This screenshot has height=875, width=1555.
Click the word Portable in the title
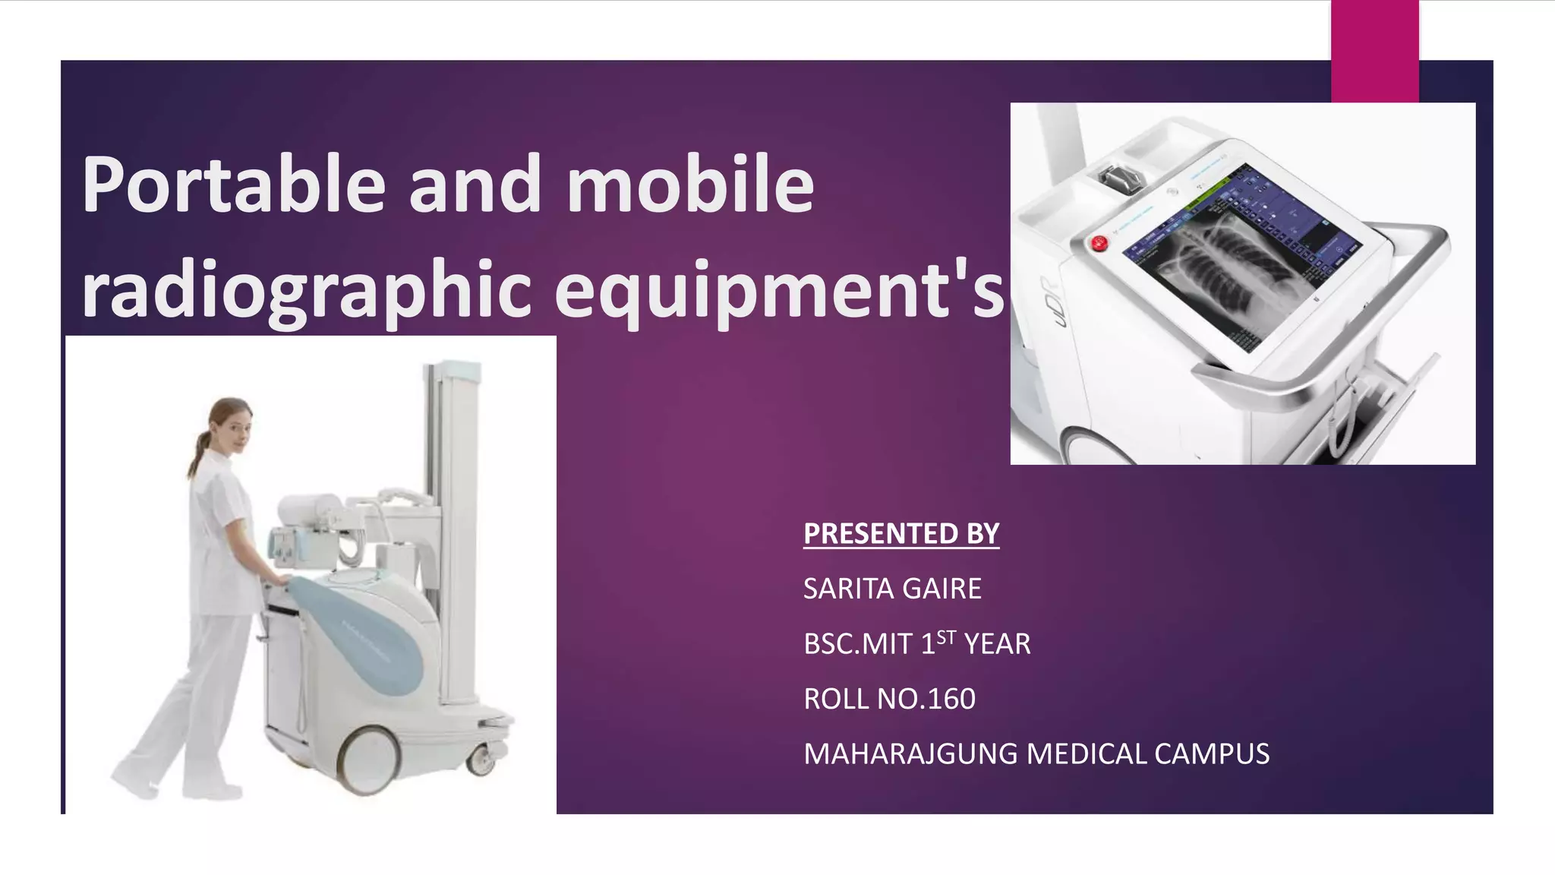point(233,185)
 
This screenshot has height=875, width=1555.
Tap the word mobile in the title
point(689,185)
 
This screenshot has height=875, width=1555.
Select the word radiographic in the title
point(307,289)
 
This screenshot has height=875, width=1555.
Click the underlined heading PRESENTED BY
point(901,533)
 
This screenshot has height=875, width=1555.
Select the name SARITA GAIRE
point(892,589)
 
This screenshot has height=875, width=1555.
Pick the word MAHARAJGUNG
point(910,754)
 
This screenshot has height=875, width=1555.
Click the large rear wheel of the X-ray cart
point(369,759)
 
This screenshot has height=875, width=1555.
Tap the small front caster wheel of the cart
point(481,760)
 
